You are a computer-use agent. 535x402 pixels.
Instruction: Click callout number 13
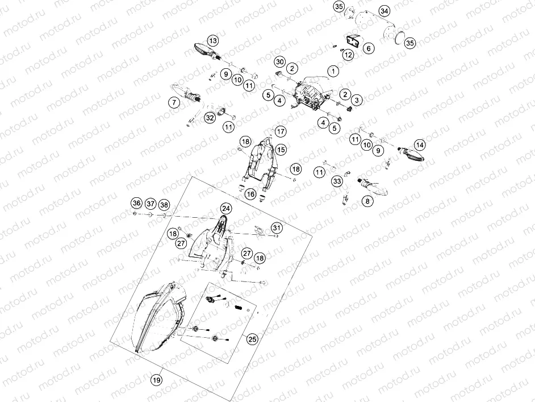[x=212, y=41]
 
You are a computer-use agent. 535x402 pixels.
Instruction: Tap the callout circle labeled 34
[x=384, y=11]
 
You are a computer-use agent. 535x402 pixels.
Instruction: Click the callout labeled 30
[x=279, y=61]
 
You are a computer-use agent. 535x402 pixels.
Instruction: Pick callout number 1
[x=332, y=72]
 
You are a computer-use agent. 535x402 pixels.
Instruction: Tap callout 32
[x=210, y=118]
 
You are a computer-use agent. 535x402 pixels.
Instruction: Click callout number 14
[x=419, y=144]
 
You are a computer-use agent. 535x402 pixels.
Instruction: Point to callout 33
[x=337, y=181]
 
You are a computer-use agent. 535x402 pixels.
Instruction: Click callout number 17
[x=281, y=131]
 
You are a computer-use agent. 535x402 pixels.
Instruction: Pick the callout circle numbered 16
[x=250, y=194]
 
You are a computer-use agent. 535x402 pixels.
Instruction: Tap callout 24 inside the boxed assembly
[x=225, y=208]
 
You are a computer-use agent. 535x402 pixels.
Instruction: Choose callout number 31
[x=277, y=228]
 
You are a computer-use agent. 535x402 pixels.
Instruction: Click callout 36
[x=136, y=203]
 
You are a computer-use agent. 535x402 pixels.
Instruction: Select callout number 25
[x=252, y=339]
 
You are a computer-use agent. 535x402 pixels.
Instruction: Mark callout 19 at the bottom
[x=156, y=379]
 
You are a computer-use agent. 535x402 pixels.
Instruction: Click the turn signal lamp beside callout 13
[x=200, y=47]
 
